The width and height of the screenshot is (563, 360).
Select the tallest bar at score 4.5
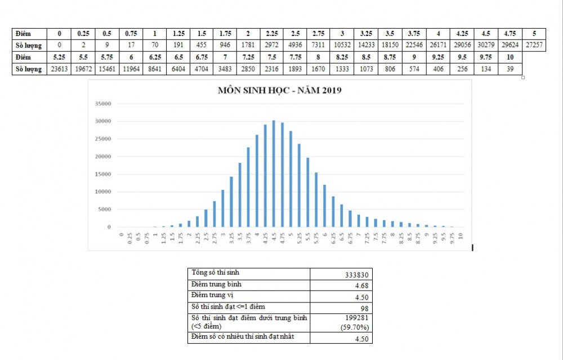[274, 174]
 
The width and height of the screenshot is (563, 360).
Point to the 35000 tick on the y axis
[103, 104]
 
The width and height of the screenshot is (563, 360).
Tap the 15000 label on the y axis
[103, 174]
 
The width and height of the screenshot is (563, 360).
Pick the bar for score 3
[223, 208]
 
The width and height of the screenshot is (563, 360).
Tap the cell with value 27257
[533, 45]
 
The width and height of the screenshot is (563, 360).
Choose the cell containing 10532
[343, 45]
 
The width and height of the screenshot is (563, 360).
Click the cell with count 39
[510, 69]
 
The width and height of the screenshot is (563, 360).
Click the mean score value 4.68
[361, 286]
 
